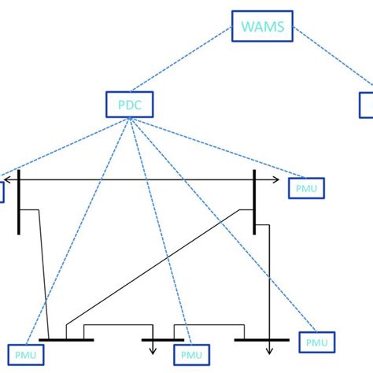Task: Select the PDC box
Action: [x=128, y=104]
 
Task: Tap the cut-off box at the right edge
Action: [x=367, y=104]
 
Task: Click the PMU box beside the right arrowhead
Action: [x=306, y=188]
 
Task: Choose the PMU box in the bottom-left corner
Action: [x=25, y=355]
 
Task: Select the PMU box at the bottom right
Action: [x=317, y=342]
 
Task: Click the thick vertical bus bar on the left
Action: [x=18, y=201]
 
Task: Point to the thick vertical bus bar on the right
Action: [x=254, y=201]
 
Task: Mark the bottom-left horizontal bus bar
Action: [x=66, y=341]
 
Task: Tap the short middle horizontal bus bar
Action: [x=162, y=341]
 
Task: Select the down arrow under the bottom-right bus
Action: [x=269, y=352]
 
